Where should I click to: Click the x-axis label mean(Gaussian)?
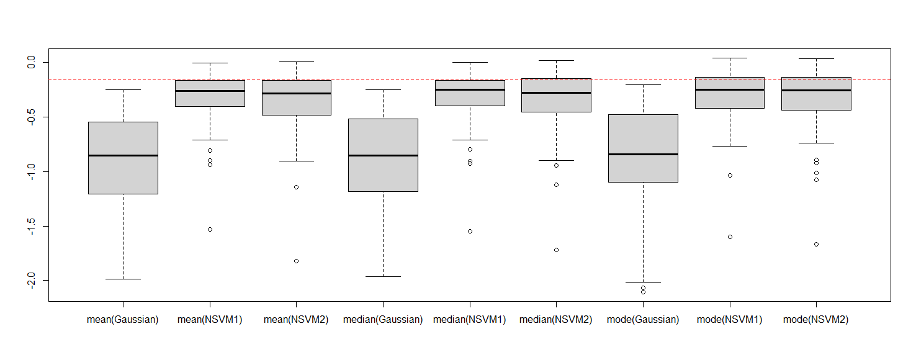(x=123, y=320)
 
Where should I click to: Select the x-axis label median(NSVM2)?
(x=556, y=320)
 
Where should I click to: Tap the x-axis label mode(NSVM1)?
(x=730, y=320)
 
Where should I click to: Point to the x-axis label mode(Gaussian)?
(x=643, y=320)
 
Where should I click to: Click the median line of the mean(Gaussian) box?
(x=123, y=155)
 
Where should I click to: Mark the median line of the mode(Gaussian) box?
(x=643, y=154)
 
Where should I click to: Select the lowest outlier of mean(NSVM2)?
(x=297, y=261)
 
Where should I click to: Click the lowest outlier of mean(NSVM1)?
(x=210, y=229)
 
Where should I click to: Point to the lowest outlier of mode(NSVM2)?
(x=816, y=244)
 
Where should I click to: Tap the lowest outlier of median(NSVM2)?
(x=556, y=250)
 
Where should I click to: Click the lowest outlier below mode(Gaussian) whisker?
(x=643, y=292)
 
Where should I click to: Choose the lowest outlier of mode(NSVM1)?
(x=730, y=237)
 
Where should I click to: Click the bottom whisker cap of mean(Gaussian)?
(x=123, y=279)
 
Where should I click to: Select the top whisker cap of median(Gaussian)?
(x=383, y=89)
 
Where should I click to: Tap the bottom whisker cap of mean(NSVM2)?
(x=297, y=161)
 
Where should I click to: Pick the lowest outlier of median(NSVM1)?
(x=470, y=231)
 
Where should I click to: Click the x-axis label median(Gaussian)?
(x=383, y=320)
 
